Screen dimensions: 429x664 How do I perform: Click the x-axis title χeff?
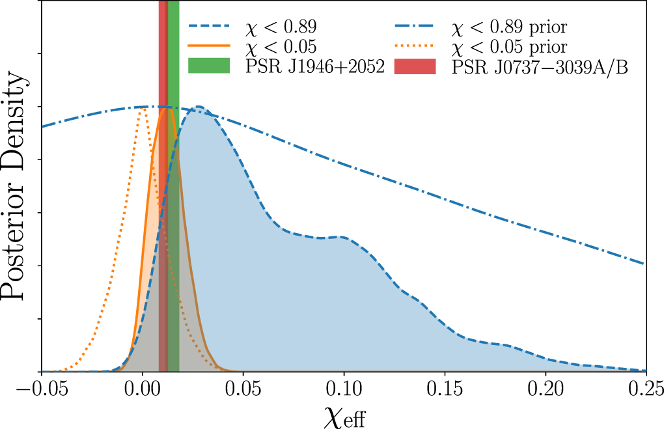[x=344, y=415]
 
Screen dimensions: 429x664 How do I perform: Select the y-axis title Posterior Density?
[x=16, y=186]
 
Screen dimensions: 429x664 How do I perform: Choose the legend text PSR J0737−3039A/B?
[x=540, y=66]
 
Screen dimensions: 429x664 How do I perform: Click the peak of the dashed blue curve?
[x=198, y=107]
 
